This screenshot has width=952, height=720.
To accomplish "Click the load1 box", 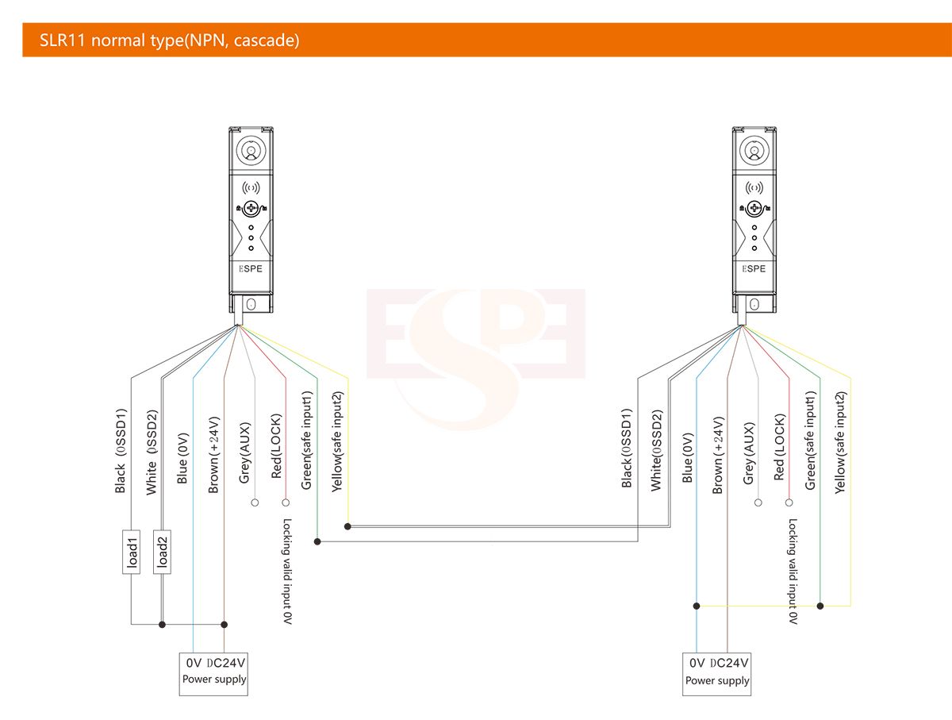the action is click(x=131, y=552).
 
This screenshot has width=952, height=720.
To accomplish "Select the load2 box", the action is click(x=162, y=552).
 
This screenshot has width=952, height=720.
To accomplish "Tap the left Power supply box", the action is click(x=213, y=674).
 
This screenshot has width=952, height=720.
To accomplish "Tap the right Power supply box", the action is click(x=716, y=674).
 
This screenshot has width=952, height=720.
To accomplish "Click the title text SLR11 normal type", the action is click(x=112, y=40).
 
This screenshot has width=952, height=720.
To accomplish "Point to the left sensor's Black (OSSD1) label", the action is click(x=121, y=450).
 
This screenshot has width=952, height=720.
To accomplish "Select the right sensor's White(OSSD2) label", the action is click(x=657, y=450).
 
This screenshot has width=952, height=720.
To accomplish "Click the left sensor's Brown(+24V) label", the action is click(x=214, y=455).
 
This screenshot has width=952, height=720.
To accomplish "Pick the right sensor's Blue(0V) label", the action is click(x=688, y=457).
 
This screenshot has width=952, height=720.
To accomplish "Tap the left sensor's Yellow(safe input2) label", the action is click(x=337, y=441).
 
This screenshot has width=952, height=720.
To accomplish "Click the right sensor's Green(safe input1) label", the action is click(x=810, y=441).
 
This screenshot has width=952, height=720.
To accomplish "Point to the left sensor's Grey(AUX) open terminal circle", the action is click(x=255, y=502).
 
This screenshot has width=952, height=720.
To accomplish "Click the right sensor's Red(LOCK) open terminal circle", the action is click(x=789, y=502).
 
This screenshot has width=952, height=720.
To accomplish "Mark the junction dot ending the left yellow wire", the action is click(x=347, y=526).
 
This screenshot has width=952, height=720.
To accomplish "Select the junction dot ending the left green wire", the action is click(x=317, y=541).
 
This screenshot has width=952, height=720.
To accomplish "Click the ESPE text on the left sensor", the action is click(x=251, y=268).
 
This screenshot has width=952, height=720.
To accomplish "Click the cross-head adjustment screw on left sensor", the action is click(x=251, y=208).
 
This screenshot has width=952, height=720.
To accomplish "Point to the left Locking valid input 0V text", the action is click(x=287, y=571).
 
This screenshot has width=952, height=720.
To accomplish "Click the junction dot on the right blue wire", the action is click(x=697, y=606).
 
